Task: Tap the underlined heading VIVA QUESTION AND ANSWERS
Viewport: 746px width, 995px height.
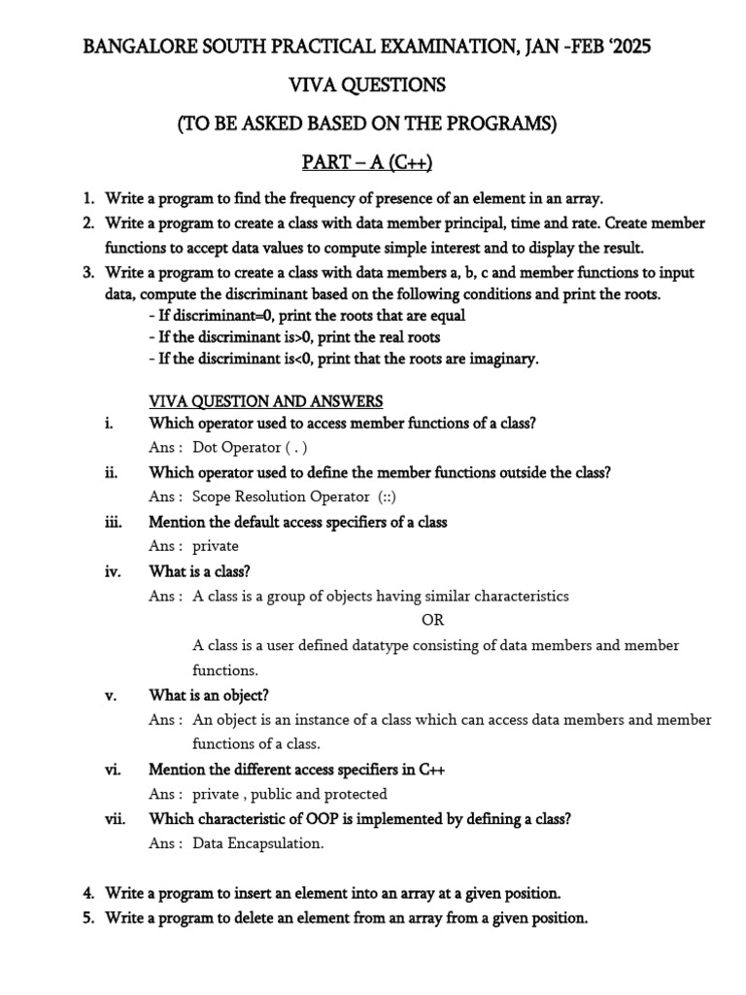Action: click(266, 400)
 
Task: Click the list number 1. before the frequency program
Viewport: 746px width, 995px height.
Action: click(88, 198)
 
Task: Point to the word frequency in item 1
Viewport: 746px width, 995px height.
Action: click(321, 198)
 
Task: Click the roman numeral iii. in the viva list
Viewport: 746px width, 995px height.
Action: click(114, 522)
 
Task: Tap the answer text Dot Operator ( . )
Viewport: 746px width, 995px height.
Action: click(250, 448)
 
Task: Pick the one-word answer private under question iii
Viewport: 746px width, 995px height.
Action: click(215, 546)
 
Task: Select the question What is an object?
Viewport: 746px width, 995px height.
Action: click(209, 695)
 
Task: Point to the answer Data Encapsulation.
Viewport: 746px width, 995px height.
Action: click(257, 843)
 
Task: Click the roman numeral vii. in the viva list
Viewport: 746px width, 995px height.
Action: click(117, 818)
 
